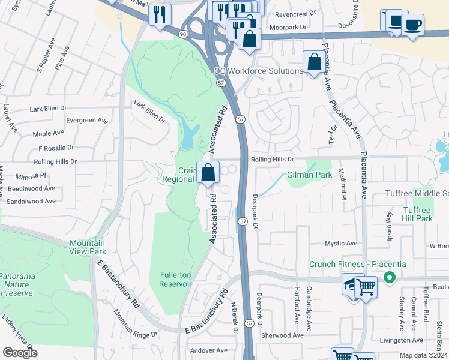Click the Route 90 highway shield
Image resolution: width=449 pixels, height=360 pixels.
[182, 34]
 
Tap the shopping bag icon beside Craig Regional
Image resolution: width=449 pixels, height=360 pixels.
[208, 172]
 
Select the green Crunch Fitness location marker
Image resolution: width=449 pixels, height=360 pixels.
[389, 277]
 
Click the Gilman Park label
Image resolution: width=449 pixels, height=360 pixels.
[309, 175]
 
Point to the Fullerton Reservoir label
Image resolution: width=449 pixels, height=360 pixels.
[175, 279]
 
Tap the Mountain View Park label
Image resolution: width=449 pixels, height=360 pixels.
[88, 247]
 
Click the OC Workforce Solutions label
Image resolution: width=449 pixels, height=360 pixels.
[259, 71]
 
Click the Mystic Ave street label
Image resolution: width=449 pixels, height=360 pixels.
[341, 244]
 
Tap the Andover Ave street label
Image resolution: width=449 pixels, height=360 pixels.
[208, 350]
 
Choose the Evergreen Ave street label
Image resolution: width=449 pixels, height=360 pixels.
[88, 121]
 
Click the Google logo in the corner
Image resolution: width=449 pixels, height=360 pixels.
[20, 353]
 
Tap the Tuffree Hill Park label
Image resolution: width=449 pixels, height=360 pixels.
[417, 214]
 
